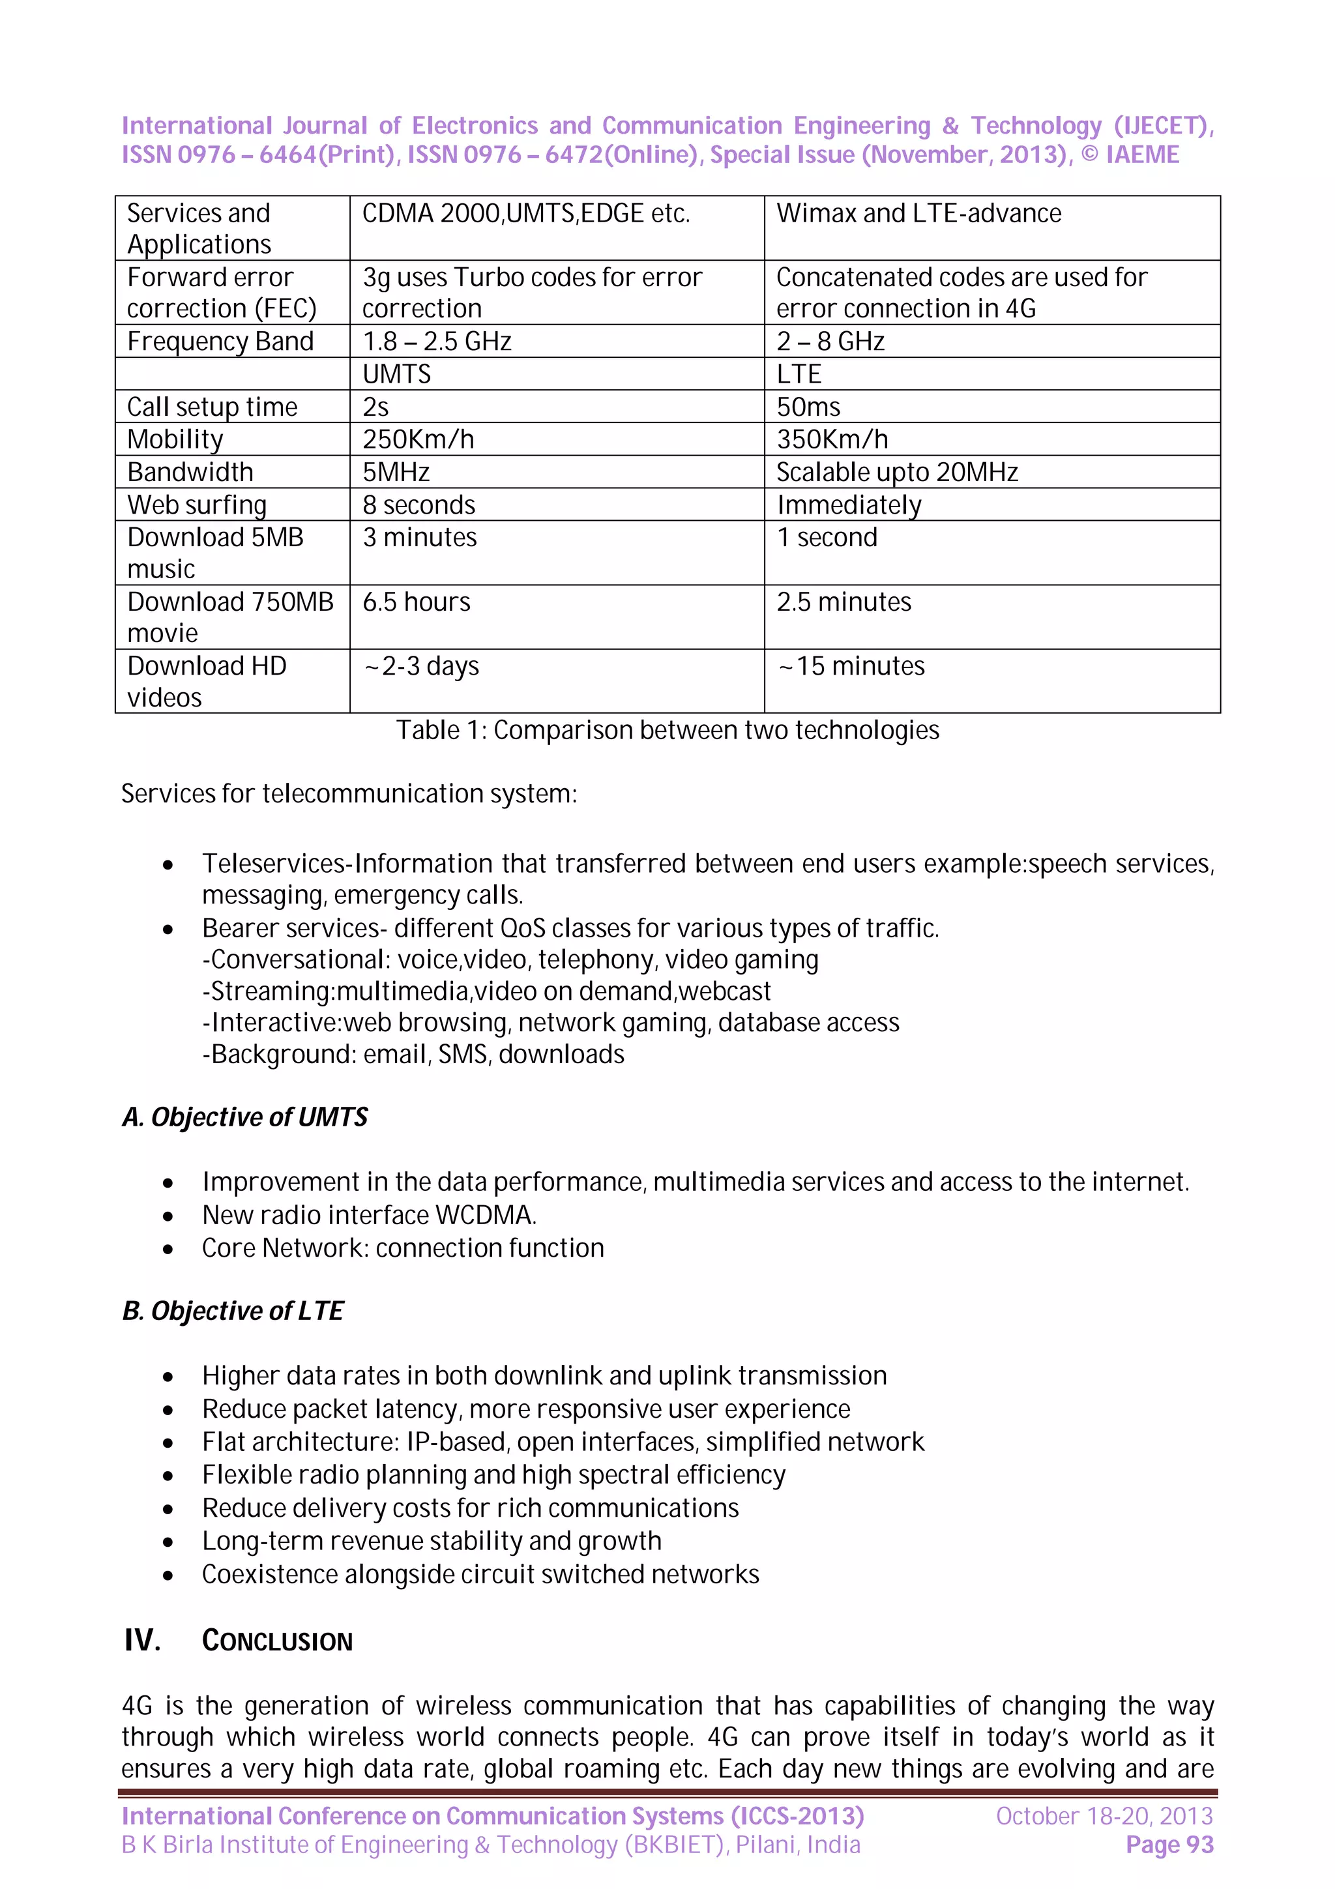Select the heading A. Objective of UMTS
click(245, 1117)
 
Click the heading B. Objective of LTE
click(233, 1311)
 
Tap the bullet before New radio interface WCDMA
click(168, 1217)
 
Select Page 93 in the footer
click(1169, 1845)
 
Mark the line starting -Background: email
click(413, 1055)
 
